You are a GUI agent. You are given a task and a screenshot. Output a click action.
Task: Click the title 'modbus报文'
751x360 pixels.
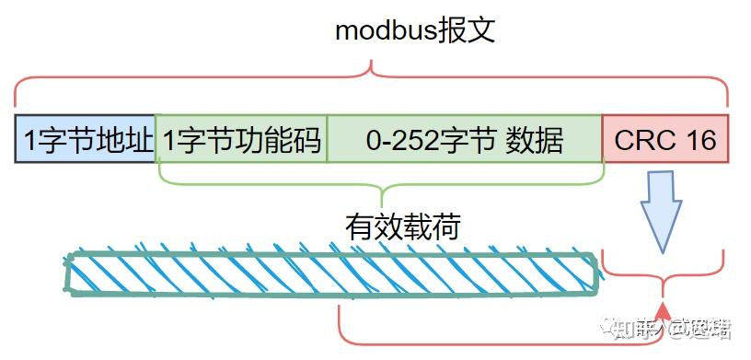(415, 29)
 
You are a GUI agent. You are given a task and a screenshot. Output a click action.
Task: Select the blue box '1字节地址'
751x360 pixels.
(87, 140)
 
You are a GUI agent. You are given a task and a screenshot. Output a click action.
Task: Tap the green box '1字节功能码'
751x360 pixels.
(242, 140)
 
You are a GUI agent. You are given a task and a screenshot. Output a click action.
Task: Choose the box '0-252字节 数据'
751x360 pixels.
(464, 140)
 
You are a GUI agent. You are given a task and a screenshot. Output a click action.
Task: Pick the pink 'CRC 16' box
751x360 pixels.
(664, 140)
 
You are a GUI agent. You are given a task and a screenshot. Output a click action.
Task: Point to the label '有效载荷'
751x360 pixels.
(402, 225)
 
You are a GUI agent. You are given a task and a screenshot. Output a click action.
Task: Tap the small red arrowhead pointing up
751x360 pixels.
(662, 308)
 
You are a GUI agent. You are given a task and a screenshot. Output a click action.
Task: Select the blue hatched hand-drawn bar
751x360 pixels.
(331, 273)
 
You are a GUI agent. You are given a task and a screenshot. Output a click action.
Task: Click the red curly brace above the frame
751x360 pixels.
(372, 78)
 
